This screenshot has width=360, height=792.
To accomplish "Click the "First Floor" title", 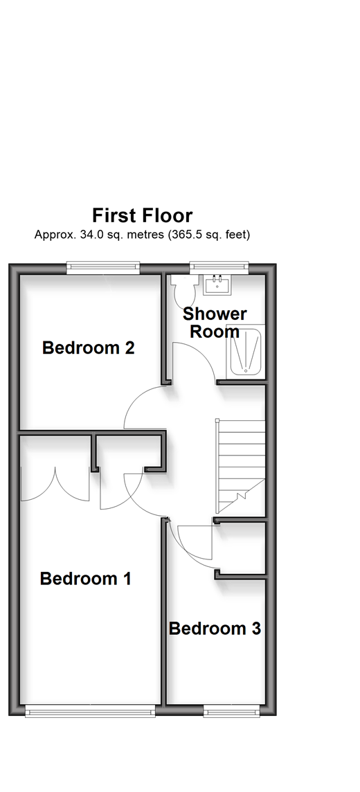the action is click(142, 216).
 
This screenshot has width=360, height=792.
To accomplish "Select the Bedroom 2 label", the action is click(89, 348).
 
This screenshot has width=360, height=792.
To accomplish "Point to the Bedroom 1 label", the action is click(85, 578).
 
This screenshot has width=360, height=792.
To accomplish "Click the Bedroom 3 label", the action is click(215, 629).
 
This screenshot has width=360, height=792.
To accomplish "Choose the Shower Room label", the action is click(215, 322).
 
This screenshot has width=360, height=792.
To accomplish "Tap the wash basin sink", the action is click(217, 285).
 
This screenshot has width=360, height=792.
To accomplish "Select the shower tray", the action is click(244, 350).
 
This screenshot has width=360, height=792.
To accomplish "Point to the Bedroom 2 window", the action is click(103, 268).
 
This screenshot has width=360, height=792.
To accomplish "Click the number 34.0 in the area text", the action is click(90, 235).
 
